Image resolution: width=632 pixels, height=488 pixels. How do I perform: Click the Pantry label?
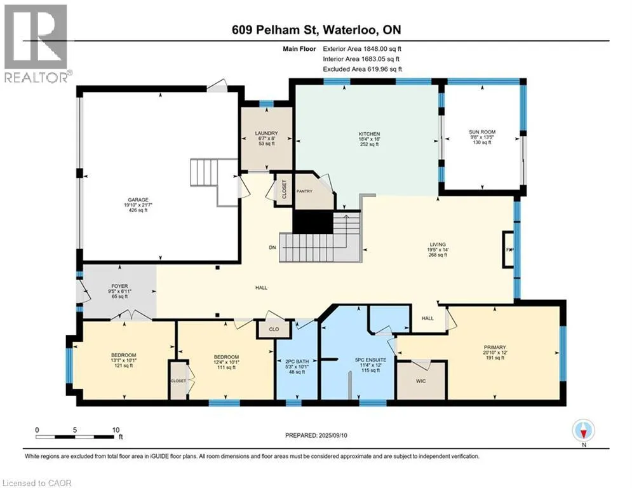(304, 191)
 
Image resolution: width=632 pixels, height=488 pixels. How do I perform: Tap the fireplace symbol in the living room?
(508, 249)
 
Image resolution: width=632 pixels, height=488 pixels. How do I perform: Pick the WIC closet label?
(420, 381)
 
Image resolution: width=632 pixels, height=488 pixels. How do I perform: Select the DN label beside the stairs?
(272, 247)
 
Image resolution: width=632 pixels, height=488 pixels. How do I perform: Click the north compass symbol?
(583, 431)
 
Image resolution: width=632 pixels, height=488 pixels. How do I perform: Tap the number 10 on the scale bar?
(116, 430)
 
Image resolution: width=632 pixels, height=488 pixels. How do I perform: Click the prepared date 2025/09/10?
(333, 435)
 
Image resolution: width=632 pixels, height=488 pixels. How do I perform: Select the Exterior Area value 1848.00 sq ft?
(382, 49)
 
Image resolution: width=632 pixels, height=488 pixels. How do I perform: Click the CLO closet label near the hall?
(274, 329)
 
